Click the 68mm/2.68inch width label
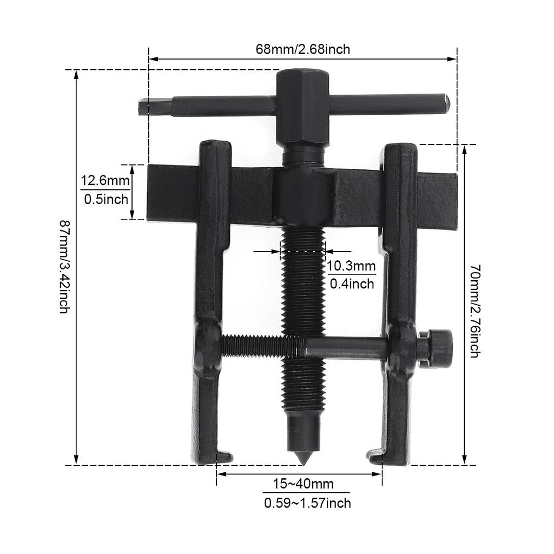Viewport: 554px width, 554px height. click(x=303, y=49)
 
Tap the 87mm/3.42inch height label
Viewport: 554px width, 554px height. click(x=64, y=267)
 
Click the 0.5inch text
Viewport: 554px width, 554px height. click(x=106, y=199)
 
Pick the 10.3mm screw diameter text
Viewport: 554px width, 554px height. click(x=351, y=265)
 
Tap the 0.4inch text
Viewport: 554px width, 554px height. click(x=351, y=283)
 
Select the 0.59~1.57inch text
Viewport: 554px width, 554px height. click(x=307, y=503)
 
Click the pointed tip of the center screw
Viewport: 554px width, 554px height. click(x=303, y=459)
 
